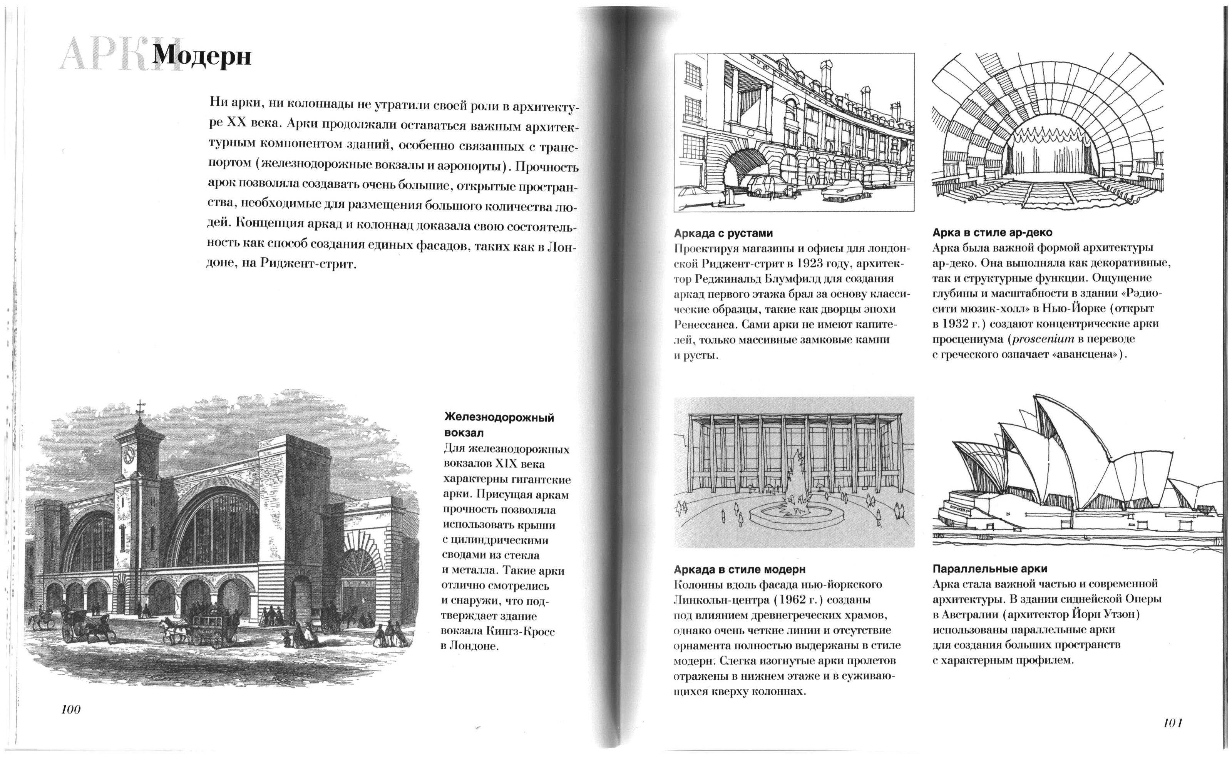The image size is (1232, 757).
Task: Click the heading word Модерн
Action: point(201,56)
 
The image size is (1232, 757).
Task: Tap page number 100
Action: point(70,709)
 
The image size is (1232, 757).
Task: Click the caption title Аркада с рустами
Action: point(723,233)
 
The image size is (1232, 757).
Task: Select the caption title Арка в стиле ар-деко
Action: point(992,232)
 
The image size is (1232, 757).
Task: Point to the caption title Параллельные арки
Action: point(989,569)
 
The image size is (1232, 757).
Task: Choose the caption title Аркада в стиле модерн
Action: point(740,569)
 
